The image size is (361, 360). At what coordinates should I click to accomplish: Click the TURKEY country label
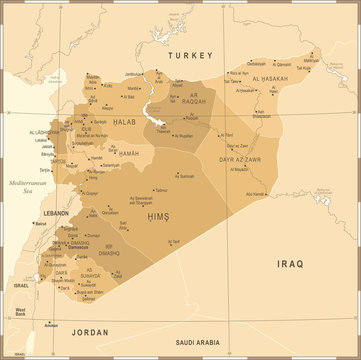pos(191,55)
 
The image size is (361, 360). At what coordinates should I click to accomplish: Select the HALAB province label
pos(96,121)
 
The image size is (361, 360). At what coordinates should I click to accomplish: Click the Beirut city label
pos(40,224)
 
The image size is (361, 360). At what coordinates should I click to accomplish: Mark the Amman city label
pos(52,325)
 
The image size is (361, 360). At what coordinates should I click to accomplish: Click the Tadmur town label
pos(160,189)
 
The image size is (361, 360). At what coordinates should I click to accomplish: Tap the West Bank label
pos(19,313)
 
